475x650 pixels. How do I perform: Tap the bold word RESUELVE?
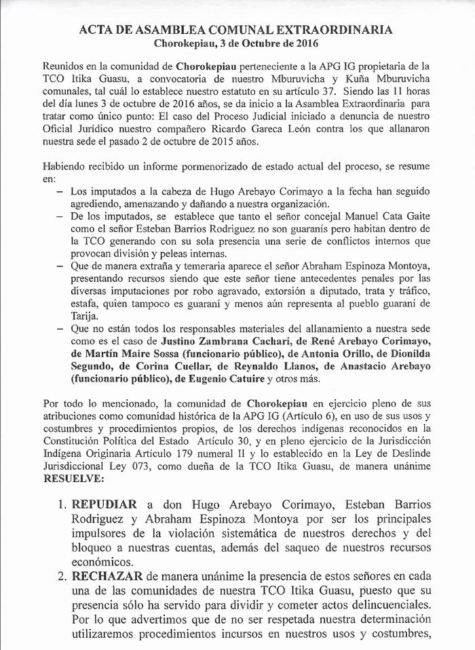click(x=73, y=479)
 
